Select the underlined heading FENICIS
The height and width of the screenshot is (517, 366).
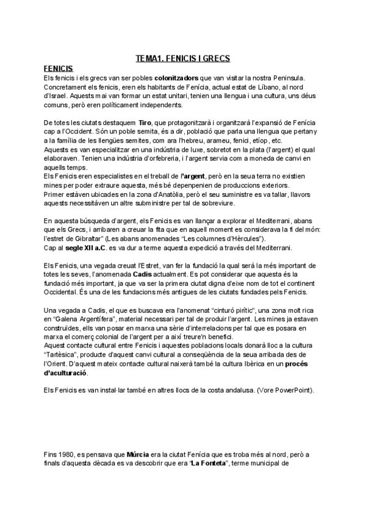pyautogui.click(x=59, y=70)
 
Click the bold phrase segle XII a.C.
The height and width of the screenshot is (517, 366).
pyautogui.click(x=86, y=247)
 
